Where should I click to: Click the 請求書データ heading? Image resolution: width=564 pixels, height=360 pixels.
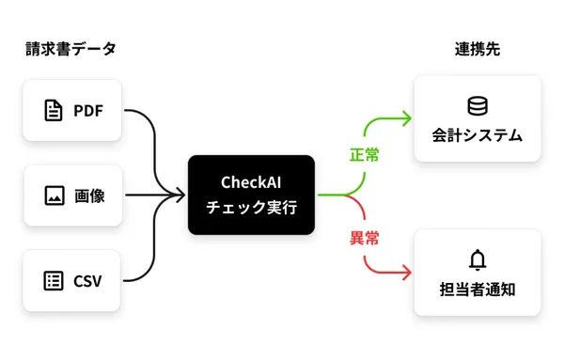click(x=71, y=50)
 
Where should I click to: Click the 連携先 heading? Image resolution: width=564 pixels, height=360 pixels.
click(x=477, y=50)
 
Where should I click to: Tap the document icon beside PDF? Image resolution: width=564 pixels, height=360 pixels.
click(x=54, y=111)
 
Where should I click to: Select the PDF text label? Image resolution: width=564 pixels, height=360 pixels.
click(x=87, y=111)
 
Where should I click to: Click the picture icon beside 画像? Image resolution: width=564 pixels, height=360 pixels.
click(x=54, y=196)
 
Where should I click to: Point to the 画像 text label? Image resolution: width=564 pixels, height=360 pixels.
click(x=89, y=196)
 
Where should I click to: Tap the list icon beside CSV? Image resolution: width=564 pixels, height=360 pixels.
click(x=54, y=280)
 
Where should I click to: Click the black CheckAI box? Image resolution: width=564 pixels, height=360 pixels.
click(x=251, y=195)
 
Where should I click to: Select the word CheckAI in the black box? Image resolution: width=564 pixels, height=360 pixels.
click(x=251, y=181)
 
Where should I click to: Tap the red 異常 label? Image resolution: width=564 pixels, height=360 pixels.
click(x=365, y=238)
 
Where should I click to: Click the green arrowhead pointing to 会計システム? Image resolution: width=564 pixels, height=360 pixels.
click(x=406, y=118)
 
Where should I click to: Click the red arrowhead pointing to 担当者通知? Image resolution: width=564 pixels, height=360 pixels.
click(x=406, y=274)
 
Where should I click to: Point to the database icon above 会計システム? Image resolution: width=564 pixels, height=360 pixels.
click(x=477, y=105)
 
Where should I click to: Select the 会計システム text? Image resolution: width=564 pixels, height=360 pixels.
click(x=477, y=135)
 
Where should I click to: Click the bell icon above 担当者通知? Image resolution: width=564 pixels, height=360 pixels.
click(x=477, y=259)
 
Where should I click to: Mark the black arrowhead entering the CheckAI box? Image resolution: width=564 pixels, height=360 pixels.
click(x=180, y=196)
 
